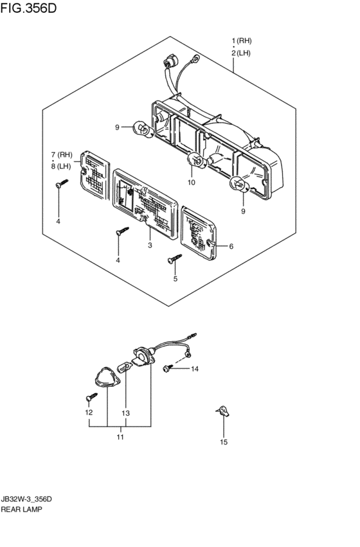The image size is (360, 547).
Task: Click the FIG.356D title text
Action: (28, 8)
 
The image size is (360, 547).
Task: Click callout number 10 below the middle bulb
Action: (191, 182)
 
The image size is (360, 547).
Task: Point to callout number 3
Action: (150, 246)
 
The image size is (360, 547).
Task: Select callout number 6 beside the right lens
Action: (231, 246)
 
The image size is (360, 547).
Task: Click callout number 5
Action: (175, 279)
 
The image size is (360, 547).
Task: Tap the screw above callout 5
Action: (175, 258)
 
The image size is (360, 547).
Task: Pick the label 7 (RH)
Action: (62, 154)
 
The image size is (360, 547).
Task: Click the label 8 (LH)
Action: (61, 166)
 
